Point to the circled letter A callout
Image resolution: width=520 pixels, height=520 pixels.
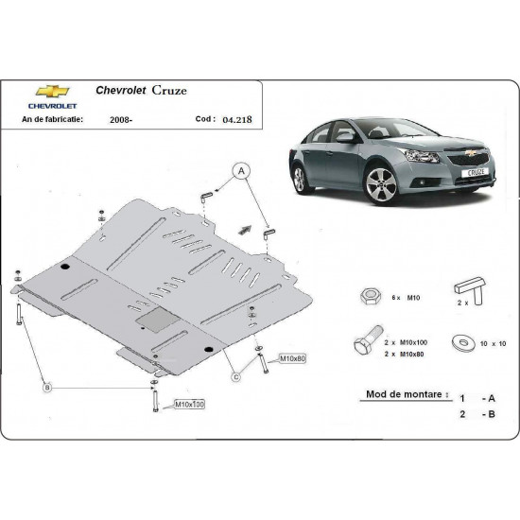click(x=241, y=169)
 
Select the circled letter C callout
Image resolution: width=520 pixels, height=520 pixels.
click(x=236, y=378)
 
